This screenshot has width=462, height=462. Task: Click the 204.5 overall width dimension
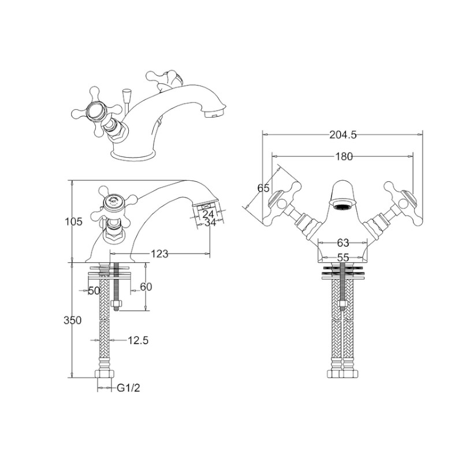[x=342, y=135]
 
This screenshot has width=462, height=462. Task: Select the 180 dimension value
[x=344, y=157]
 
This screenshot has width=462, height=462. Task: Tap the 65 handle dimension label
[x=263, y=188]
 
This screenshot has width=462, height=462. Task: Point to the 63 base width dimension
[x=342, y=243]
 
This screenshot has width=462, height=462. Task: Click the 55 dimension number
[x=342, y=258]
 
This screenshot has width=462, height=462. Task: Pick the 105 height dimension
[x=74, y=221]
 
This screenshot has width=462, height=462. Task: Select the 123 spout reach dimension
[x=159, y=254]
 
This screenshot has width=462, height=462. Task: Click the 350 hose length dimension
[x=73, y=320]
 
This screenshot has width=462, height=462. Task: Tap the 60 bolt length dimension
[x=146, y=286]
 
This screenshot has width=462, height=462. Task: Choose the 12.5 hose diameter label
[x=138, y=340]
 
